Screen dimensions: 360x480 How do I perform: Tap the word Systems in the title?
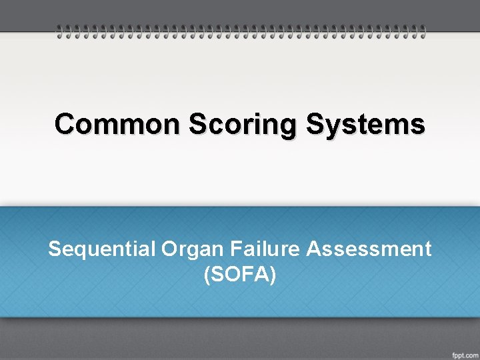(366, 124)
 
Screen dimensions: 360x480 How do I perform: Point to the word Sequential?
(101, 249)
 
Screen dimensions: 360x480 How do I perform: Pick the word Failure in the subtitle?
(266, 249)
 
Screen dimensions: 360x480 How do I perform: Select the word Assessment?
(369, 249)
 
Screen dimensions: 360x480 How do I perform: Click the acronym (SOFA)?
(240, 273)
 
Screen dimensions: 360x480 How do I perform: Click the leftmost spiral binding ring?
(59, 31)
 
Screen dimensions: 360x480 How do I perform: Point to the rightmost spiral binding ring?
(421, 31)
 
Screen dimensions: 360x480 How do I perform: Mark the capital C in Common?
(64, 124)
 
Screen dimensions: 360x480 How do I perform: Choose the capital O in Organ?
(168, 249)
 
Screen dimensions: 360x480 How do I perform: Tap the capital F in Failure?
(236, 249)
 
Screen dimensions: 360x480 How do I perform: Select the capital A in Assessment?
(313, 249)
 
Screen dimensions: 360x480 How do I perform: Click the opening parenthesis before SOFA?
(207, 274)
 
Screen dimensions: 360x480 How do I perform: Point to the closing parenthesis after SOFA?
(273, 274)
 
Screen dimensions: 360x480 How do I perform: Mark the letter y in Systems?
(331, 127)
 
